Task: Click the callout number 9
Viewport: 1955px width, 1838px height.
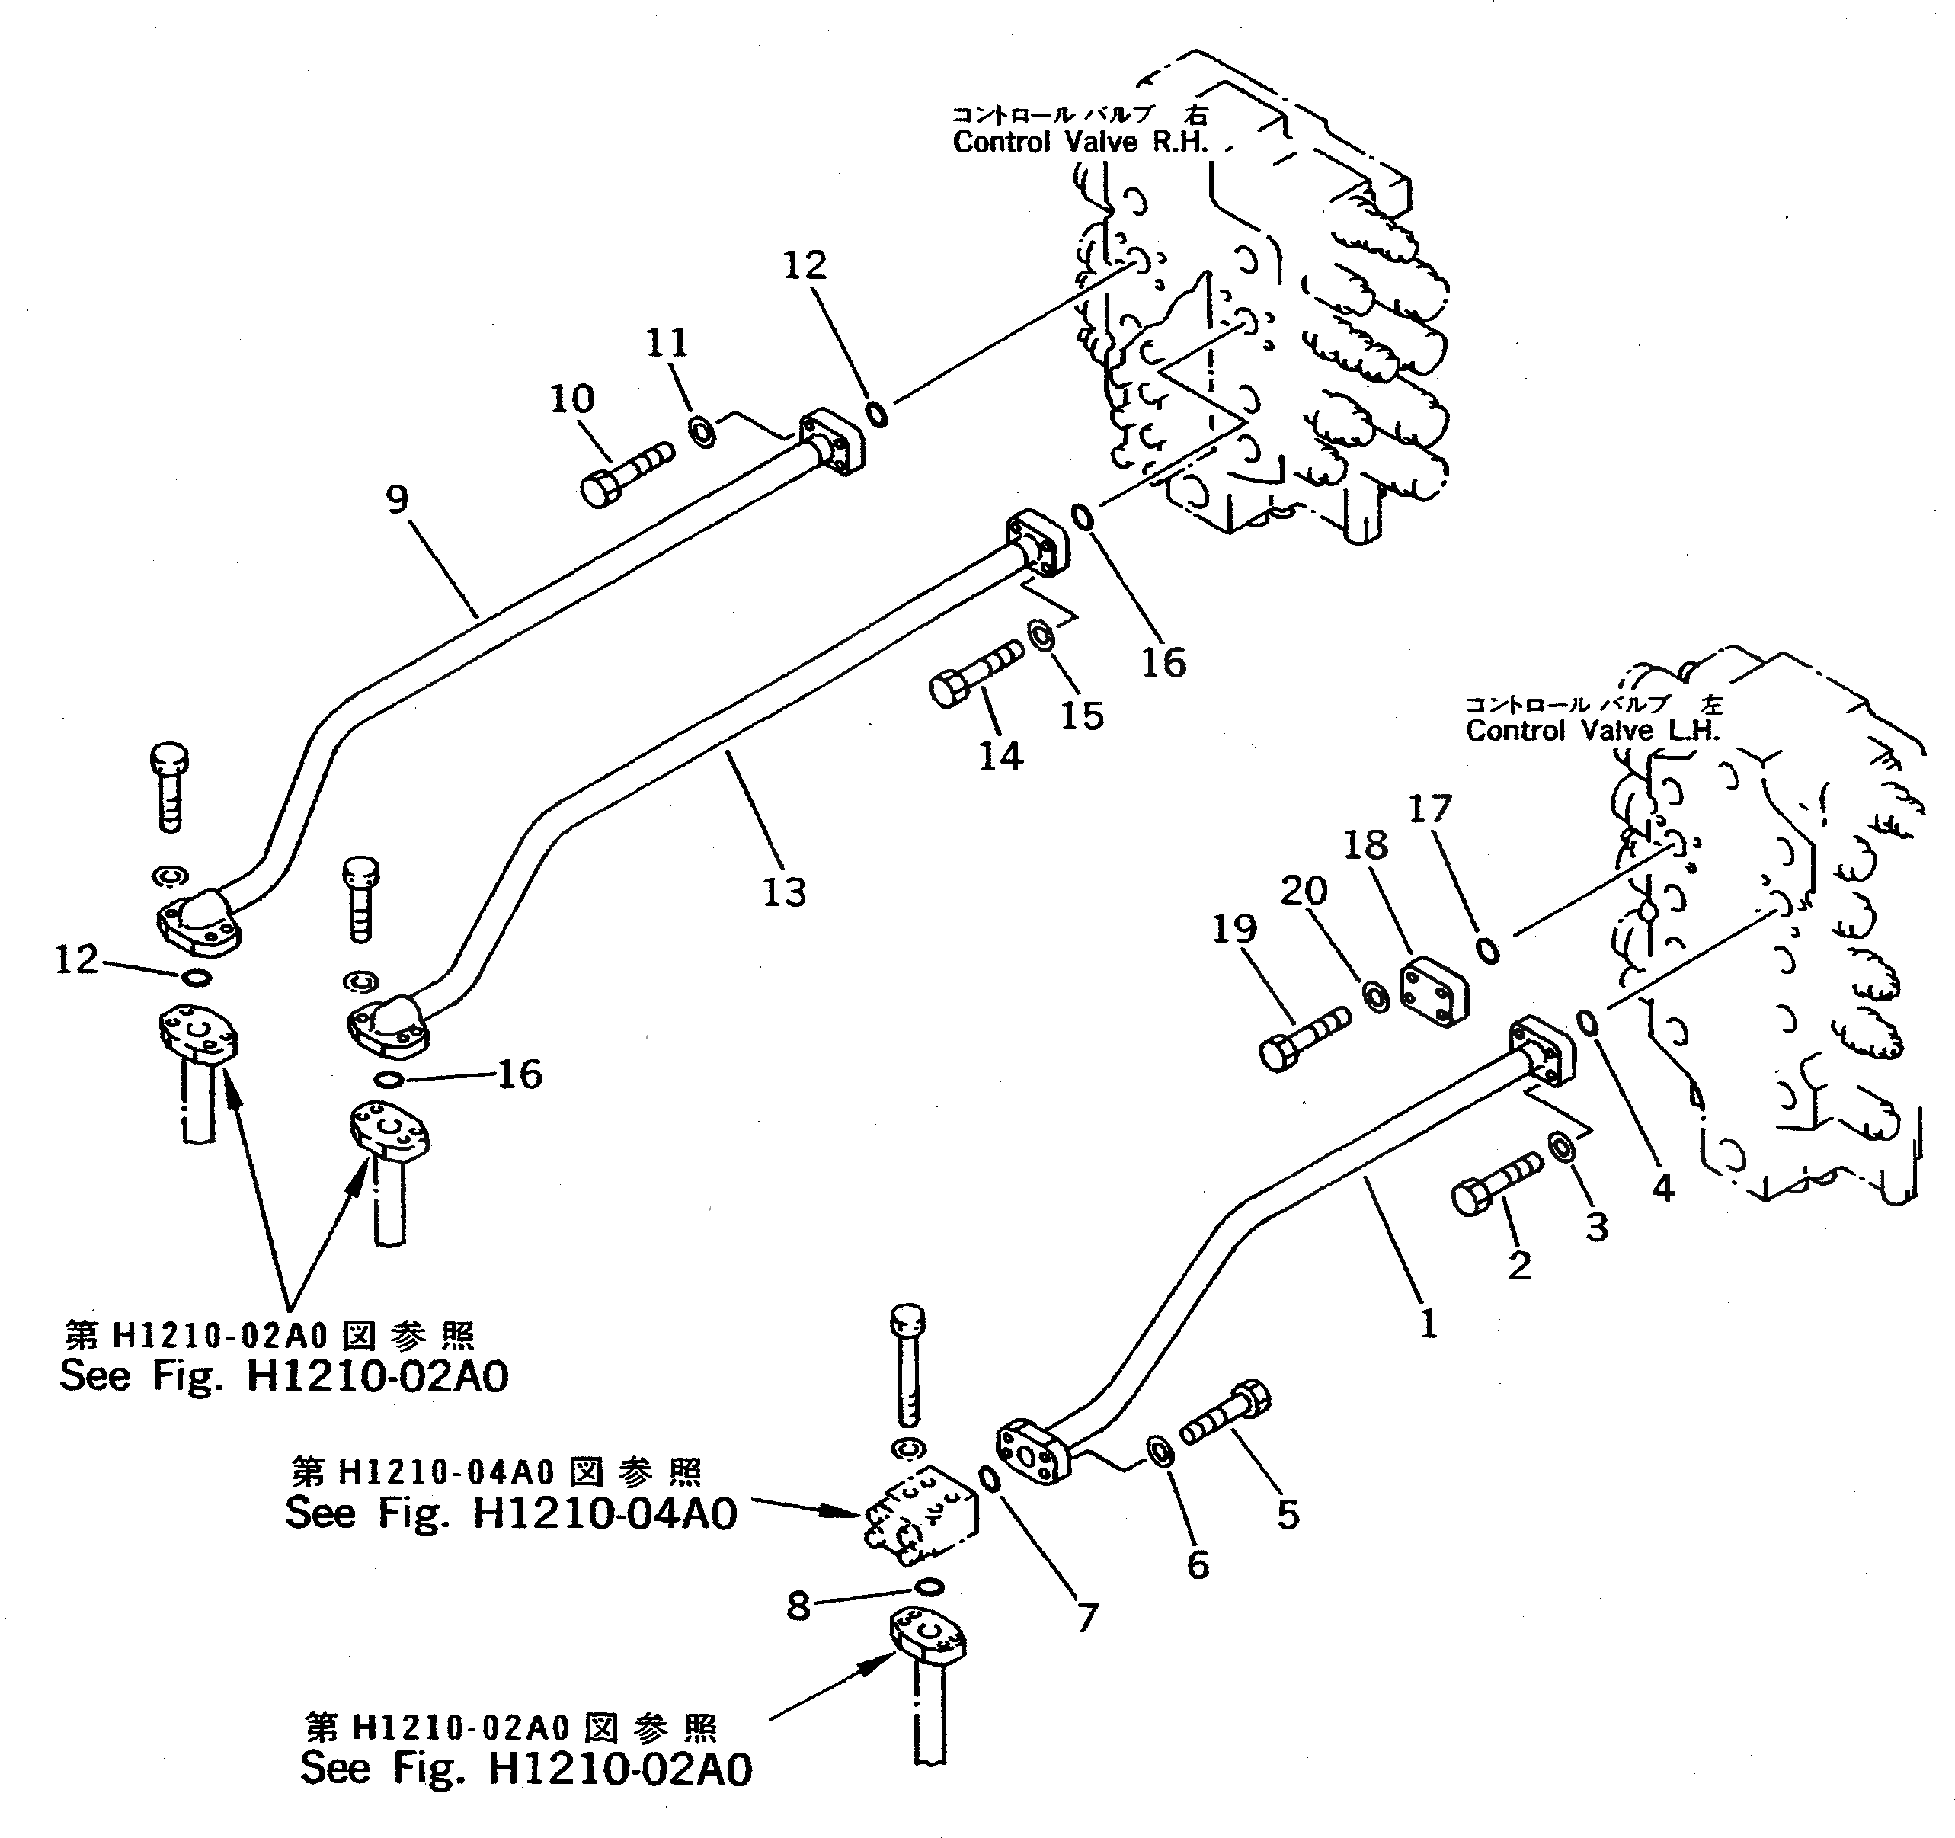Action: tap(396, 500)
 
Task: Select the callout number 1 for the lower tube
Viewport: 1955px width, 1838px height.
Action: tap(1429, 1324)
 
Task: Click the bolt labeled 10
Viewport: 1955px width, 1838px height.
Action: tap(626, 474)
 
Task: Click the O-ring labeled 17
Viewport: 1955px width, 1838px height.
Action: tap(1489, 950)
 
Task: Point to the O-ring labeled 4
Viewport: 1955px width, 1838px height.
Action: tap(1587, 1023)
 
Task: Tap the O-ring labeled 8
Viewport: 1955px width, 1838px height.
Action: tap(928, 1587)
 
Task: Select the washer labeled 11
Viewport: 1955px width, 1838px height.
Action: tap(702, 431)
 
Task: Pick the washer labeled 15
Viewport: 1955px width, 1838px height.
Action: tap(1041, 636)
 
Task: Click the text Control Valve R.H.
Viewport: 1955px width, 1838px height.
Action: tap(1079, 142)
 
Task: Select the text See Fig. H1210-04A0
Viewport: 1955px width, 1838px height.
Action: tap(510, 1514)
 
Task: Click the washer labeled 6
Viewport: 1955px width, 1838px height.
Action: tap(1160, 1451)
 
